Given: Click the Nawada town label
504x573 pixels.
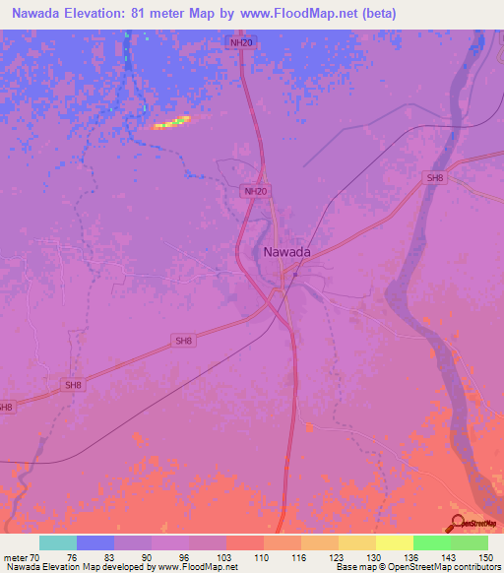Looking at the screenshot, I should (287, 252).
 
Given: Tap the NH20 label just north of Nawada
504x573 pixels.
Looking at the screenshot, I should (255, 191).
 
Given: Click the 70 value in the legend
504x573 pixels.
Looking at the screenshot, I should (40, 556).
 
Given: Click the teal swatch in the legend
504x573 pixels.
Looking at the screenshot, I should (58, 542).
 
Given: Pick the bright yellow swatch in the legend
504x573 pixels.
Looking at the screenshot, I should (394, 542).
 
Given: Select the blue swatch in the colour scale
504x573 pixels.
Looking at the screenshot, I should (95, 542).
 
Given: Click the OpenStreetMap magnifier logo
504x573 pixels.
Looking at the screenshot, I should (459, 523).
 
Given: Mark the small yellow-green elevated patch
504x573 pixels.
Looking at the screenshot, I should (171, 122).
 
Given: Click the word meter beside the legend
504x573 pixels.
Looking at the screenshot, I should (17, 556).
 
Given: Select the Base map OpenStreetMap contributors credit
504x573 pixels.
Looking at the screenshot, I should (417, 567).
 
